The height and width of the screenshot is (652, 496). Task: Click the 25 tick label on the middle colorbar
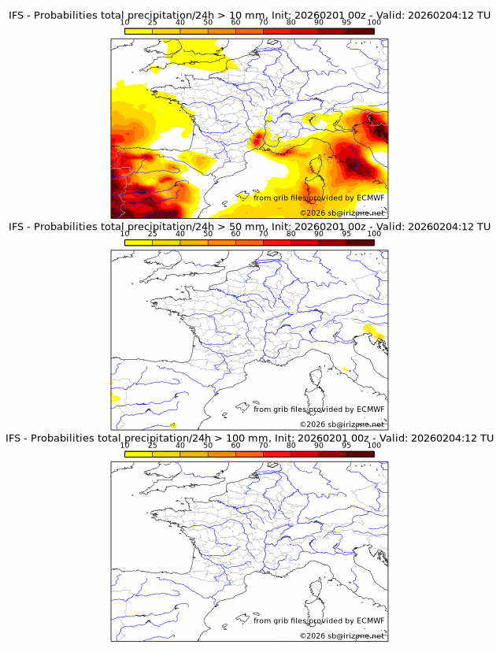point(153,234)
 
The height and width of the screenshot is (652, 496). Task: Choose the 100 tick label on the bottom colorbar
point(374,445)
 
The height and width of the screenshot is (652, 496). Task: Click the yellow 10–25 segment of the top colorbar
point(139,31)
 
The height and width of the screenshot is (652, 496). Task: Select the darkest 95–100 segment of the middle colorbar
point(361,242)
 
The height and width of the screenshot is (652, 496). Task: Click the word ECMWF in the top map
point(370,198)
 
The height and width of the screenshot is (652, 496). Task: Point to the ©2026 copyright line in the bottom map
point(342,635)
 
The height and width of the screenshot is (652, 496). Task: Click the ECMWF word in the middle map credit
point(370,409)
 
